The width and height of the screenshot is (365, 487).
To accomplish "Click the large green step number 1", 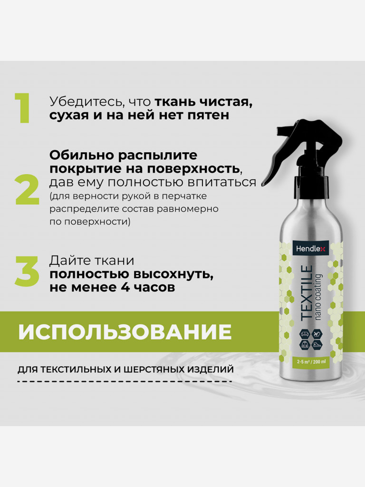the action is (23, 108).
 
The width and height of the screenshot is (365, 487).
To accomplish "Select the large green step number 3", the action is (27, 271).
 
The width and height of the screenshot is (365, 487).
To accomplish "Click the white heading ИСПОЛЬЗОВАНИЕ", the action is (125, 331).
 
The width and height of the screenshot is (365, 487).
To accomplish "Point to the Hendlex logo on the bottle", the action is (310, 248).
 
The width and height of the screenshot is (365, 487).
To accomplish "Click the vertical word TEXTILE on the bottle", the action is (307, 292).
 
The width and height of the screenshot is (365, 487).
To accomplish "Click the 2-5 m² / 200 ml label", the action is (311, 361).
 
